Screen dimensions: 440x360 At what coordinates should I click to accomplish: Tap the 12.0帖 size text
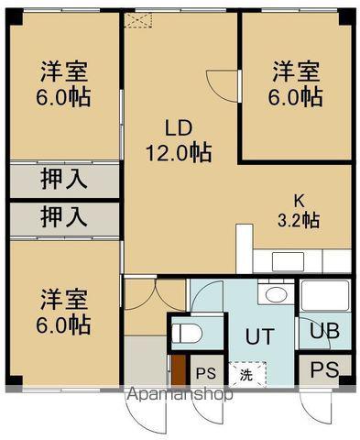pos(180,153)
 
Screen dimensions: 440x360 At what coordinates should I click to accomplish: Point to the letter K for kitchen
pos(299,199)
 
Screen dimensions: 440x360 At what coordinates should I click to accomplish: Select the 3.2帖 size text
pos(299,220)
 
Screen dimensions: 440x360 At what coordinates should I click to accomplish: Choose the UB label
pos(324,332)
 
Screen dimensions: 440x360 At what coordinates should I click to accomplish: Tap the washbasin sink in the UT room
pos(272,295)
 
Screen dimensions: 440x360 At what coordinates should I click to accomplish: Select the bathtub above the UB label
pos(324,296)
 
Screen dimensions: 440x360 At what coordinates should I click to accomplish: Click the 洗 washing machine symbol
pos(245,373)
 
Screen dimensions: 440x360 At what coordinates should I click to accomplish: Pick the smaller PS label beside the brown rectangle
pos(207,373)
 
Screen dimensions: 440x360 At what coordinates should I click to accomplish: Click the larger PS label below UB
pos(322,370)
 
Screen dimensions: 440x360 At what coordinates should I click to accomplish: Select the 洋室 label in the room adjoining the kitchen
pos(297,71)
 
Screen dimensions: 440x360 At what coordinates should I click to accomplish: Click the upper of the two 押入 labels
pos(64,178)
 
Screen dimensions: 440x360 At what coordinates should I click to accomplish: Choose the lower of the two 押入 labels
pos(64,218)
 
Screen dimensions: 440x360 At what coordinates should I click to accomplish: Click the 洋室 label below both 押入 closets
pos(64,298)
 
